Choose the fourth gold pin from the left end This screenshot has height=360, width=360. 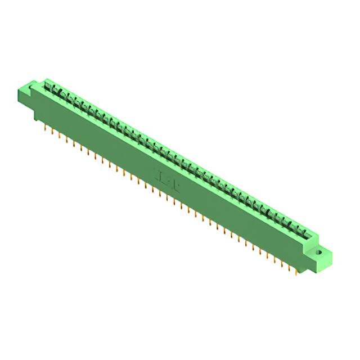point(66,139)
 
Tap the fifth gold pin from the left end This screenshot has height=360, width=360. point(74,143)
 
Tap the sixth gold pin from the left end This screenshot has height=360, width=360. point(81,147)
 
